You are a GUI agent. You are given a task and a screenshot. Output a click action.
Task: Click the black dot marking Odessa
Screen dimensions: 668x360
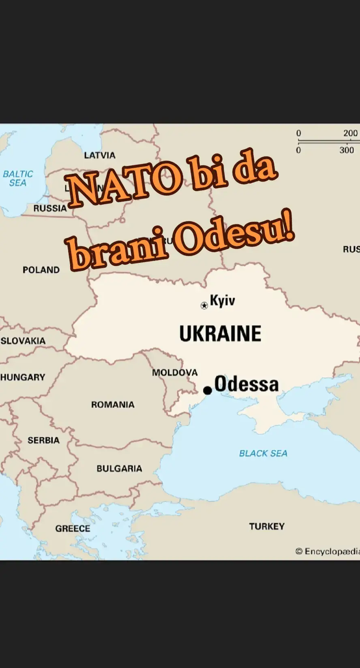click(208, 390)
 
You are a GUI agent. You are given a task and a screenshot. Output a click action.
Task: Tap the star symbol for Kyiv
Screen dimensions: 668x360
click(204, 305)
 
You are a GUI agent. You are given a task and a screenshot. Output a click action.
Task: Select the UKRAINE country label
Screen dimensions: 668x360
click(220, 334)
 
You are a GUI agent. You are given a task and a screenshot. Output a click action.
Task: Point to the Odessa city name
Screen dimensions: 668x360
click(246, 384)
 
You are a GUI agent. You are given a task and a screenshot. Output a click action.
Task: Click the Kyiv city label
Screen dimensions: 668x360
click(223, 301)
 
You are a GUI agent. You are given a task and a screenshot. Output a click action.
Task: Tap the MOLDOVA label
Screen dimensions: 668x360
click(175, 373)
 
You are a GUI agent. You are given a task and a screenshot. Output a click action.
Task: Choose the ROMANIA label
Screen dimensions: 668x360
click(113, 405)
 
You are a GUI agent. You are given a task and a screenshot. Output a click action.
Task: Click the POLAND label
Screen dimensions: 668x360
click(41, 270)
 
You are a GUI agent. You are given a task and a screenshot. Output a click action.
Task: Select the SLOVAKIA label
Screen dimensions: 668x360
click(23, 341)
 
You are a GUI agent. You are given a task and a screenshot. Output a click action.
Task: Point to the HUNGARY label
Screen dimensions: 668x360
click(23, 377)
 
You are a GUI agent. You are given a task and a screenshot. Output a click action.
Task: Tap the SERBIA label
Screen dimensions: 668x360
click(43, 440)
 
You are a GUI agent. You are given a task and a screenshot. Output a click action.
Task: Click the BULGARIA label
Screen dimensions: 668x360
click(119, 469)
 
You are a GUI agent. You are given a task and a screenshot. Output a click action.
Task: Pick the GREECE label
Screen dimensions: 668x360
click(73, 529)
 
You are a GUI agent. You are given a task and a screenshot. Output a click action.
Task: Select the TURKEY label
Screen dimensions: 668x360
click(267, 527)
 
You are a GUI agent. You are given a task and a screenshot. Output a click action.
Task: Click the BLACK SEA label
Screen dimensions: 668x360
click(263, 453)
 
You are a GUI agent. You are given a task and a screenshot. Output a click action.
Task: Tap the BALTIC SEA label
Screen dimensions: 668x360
click(18, 178)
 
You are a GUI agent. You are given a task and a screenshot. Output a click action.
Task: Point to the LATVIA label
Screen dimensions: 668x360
click(100, 155)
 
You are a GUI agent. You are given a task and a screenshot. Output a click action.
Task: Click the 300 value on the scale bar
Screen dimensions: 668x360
click(347, 150)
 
